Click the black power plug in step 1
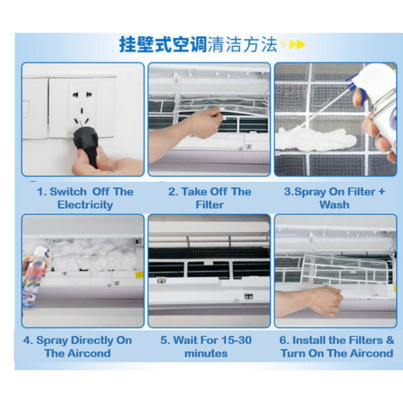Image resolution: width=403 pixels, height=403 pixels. pyautogui.click(x=86, y=145)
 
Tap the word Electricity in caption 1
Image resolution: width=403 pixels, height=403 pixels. pyautogui.click(x=85, y=205)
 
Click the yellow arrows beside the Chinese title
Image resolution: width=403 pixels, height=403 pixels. pyautogui.click(x=293, y=45)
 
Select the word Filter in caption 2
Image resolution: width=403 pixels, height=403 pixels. pyautogui.click(x=210, y=205)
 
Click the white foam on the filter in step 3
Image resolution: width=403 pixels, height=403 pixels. pyautogui.click(x=316, y=139)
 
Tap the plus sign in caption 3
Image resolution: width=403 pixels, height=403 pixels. pyautogui.click(x=381, y=192)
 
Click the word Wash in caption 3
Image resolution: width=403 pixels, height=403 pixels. pyautogui.click(x=334, y=205)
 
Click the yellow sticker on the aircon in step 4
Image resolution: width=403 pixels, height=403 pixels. pyautogui.click(x=139, y=275)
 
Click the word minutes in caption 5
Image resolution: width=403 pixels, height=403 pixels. pyautogui.click(x=206, y=353)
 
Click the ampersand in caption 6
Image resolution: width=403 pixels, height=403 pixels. pyautogui.click(x=390, y=340)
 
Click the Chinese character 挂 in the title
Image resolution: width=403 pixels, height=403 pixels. pyautogui.click(x=128, y=45)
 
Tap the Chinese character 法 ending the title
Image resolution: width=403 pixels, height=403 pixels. pyautogui.click(x=269, y=45)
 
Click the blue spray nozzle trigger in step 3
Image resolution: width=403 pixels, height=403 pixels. pyautogui.click(x=352, y=80)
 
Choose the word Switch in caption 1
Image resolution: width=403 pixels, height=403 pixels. pyautogui.click(x=68, y=192)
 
